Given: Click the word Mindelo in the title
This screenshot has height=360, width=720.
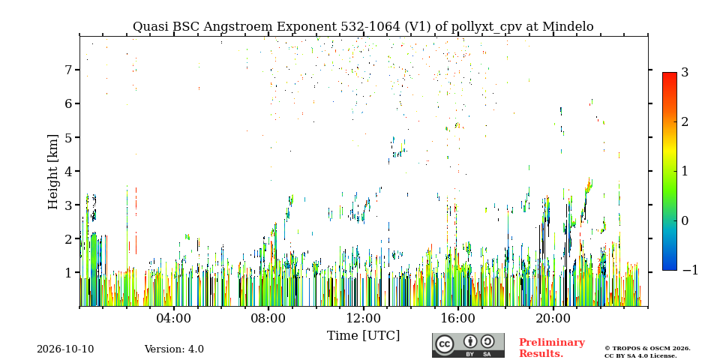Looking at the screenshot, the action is pyautogui.click(x=568, y=27).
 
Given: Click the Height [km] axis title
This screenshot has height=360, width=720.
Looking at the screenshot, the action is pyautogui.click(x=53, y=172).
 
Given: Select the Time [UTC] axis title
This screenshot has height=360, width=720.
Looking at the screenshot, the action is pyautogui.click(x=363, y=335).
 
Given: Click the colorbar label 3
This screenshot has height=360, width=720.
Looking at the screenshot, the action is pyautogui.click(x=685, y=72).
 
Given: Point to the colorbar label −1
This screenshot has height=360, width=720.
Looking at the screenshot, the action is pyautogui.click(x=690, y=270).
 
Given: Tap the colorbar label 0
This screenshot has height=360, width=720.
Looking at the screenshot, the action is pyautogui.click(x=685, y=220).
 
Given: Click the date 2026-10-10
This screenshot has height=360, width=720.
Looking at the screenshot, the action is pyautogui.click(x=65, y=349).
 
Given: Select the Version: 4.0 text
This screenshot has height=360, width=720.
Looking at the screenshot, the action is pyautogui.click(x=174, y=349).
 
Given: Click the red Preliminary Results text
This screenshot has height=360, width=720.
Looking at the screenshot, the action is pyautogui.click(x=552, y=348).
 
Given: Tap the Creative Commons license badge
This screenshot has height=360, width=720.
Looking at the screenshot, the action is pyautogui.click(x=468, y=345).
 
